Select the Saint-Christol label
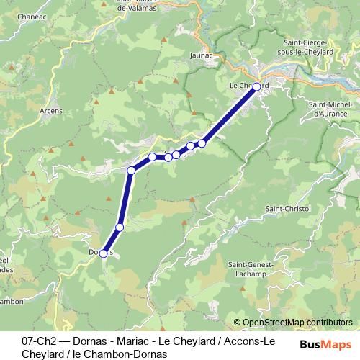pos(288,209)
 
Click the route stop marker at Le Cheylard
pos(256,86)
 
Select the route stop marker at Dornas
pos(103,253)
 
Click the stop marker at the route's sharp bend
pos(131,171)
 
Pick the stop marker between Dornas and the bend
pos(120,228)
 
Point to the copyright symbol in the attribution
pos(238,323)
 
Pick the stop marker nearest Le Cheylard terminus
pos(202,143)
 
